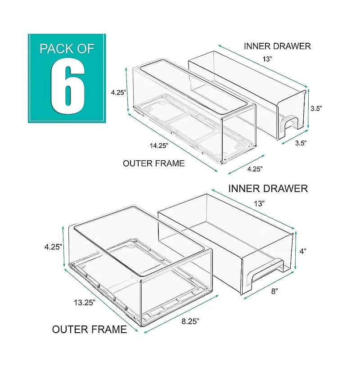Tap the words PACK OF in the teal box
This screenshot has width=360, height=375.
[x=67, y=48]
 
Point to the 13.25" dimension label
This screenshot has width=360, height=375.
[x=84, y=302]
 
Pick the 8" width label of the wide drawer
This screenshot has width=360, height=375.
[x=274, y=291]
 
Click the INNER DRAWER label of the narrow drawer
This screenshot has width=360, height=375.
[x=277, y=46]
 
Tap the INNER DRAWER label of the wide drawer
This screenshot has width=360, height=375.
[x=268, y=188]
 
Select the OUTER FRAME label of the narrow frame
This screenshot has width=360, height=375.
[x=153, y=163]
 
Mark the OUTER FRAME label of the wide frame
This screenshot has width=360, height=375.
[x=90, y=330]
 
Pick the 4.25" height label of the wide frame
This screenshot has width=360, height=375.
[x=53, y=246]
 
